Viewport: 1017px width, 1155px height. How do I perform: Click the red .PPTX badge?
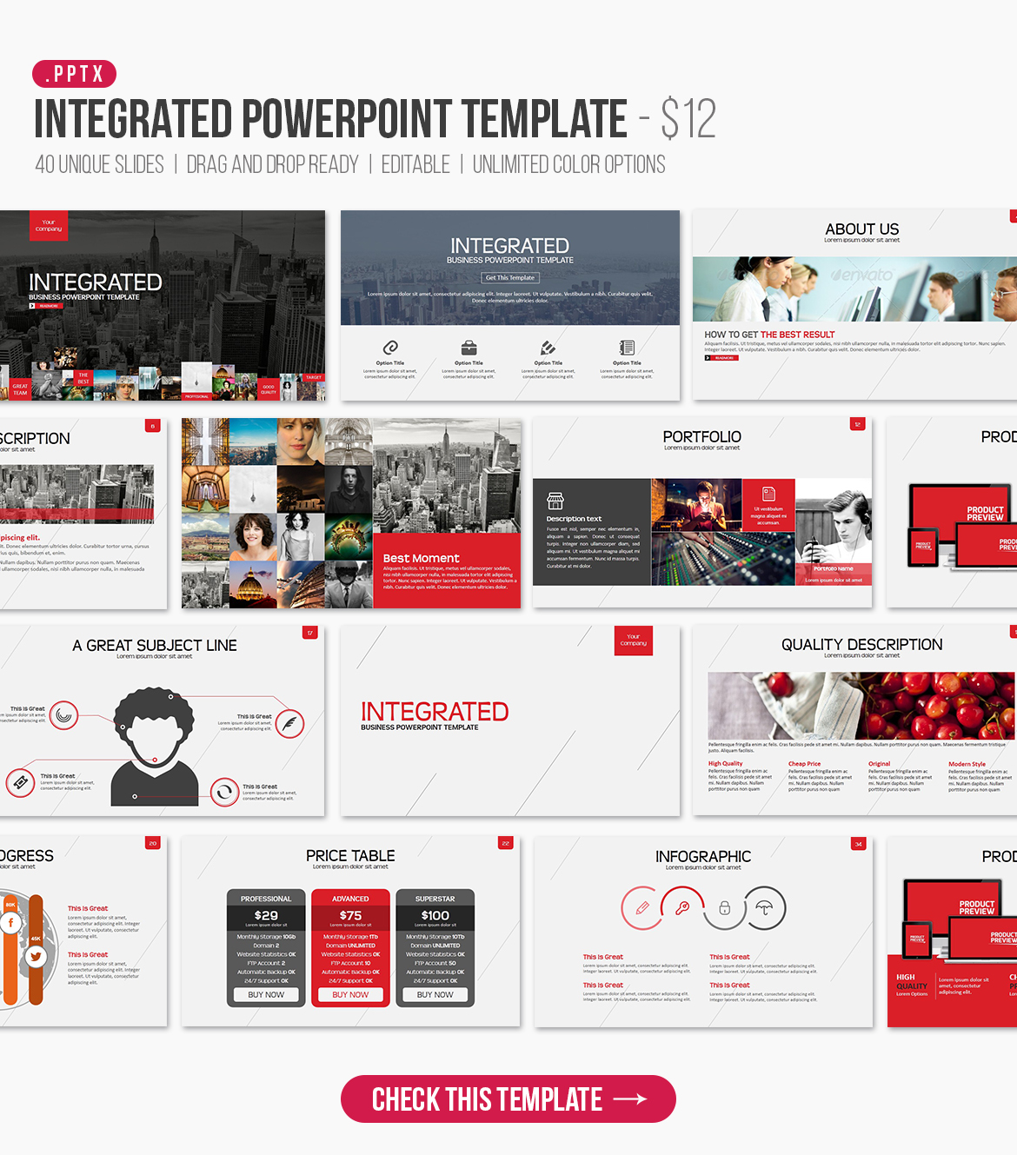(74, 74)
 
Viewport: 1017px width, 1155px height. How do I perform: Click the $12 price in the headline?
(688, 119)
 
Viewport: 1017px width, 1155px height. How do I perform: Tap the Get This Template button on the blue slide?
(510, 277)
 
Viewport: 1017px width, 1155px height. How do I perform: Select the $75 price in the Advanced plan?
(350, 915)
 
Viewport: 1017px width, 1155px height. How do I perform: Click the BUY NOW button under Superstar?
(435, 994)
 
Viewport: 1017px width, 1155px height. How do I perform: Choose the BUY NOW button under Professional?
(266, 994)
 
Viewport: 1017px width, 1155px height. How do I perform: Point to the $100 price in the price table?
(435, 915)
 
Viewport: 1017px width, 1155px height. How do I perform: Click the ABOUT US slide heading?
(861, 229)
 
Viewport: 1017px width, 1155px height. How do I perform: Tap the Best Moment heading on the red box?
(421, 558)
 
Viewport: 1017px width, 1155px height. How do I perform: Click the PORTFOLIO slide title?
(701, 436)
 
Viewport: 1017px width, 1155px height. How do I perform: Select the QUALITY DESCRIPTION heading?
(861, 644)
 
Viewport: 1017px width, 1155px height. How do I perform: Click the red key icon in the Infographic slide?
(682, 908)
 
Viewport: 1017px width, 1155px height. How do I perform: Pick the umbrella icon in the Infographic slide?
(764, 908)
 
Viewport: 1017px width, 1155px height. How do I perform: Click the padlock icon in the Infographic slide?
(724, 908)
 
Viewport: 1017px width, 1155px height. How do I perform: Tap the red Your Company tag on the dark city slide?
(49, 226)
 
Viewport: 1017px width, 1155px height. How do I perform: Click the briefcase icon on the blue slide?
(469, 348)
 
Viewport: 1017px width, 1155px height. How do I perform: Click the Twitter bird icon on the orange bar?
(36, 957)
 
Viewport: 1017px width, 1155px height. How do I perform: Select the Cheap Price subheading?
(804, 764)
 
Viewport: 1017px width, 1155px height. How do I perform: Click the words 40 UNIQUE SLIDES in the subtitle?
(99, 164)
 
